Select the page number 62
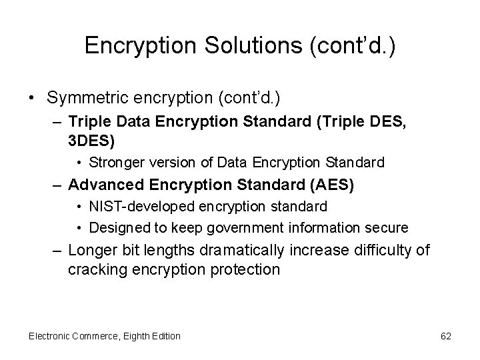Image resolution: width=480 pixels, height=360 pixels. (x=446, y=336)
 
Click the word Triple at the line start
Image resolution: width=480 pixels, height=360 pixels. (x=89, y=123)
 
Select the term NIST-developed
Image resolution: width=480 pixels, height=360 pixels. (x=137, y=207)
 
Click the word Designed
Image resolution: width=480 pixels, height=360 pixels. (x=115, y=227)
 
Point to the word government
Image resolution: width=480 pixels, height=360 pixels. (x=245, y=227)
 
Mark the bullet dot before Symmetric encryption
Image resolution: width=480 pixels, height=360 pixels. (x=33, y=99)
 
